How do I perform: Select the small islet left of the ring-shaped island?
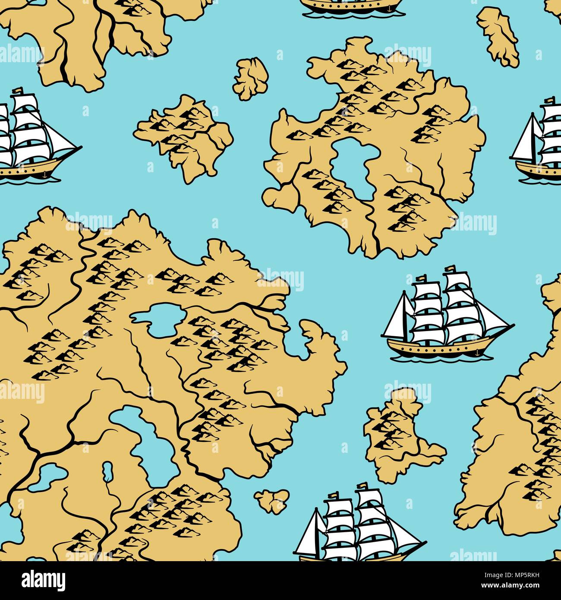pos(250,78)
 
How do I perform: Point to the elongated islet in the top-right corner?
pos(498,36)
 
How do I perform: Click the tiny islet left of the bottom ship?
pos(271,500)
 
